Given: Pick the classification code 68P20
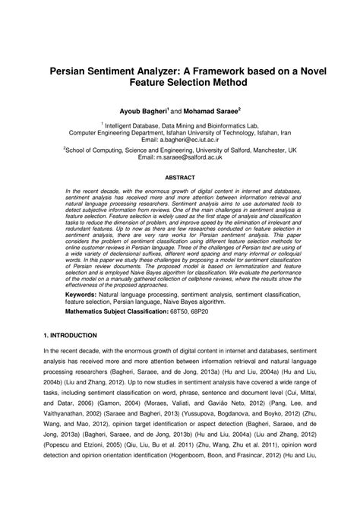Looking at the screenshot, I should pyautogui.click(x=200, y=310).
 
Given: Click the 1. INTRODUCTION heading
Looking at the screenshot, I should pyautogui.click(x=70, y=334).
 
